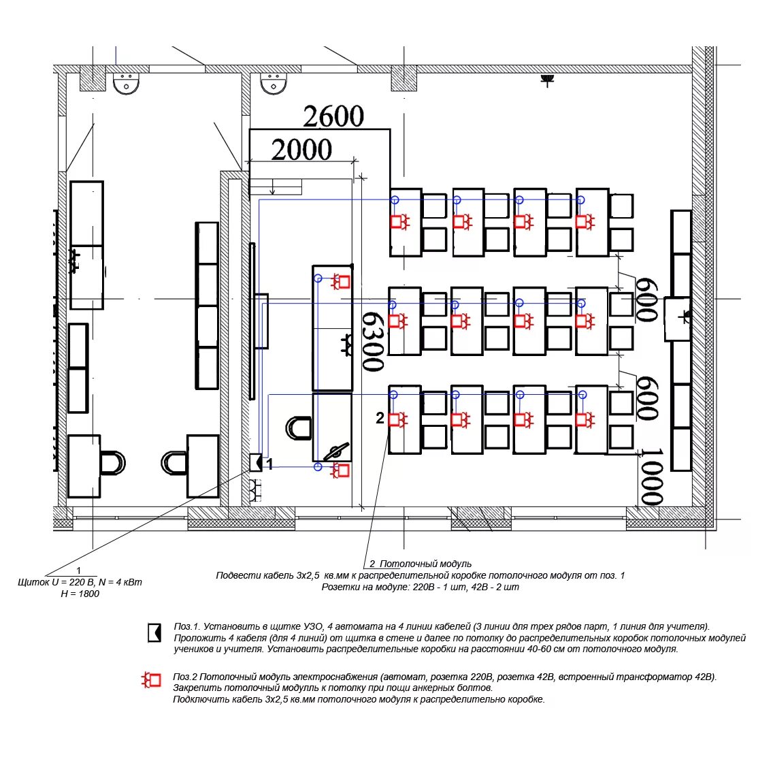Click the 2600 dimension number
point(333,116)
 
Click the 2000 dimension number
point(301,150)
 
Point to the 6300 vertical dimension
point(373,341)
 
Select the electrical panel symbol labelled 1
point(256,462)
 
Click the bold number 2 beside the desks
point(380,418)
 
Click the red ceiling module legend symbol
point(151,679)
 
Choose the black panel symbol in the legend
point(154,632)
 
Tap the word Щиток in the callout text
point(33,582)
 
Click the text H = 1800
point(80,594)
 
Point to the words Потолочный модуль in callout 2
point(425,563)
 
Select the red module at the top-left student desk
point(401,221)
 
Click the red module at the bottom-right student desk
point(585,420)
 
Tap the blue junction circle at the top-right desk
point(580,199)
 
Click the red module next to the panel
point(341,470)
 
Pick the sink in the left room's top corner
point(126,83)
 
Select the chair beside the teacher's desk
point(299,428)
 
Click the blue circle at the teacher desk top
point(318,278)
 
